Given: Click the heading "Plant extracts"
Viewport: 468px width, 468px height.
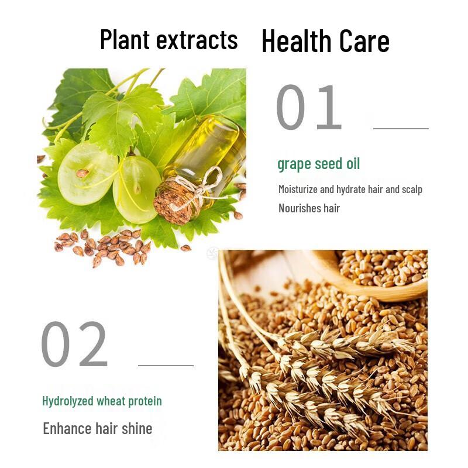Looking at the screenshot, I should pyautogui.click(x=168, y=40).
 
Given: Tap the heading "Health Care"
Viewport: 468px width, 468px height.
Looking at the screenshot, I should pyautogui.click(x=325, y=41).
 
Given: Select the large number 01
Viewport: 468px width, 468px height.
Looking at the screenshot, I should pyautogui.click(x=308, y=108).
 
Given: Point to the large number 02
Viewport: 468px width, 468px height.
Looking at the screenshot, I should pyautogui.click(x=74, y=344).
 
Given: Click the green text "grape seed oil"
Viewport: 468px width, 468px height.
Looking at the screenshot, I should pyautogui.click(x=318, y=164).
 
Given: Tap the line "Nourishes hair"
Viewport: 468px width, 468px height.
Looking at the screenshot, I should pyautogui.click(x=309, y=208).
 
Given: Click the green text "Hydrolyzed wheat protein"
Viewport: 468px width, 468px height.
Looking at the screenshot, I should pyautogui.click(x=102, y=401).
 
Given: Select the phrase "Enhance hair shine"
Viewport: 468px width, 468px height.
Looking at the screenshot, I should pyautogui.click(x=97, y=428).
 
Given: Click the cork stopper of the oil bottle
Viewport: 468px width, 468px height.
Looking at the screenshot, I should pyautogui.click(x=174, y=202).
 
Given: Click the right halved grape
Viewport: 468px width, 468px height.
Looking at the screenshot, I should pyautogui.click(x=136, y=188).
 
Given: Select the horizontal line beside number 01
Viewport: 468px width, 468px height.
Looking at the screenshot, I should pyautogui.click(x=401, y=128).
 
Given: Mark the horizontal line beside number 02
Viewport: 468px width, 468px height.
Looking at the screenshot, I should pyautogui.click(x=166, y=365).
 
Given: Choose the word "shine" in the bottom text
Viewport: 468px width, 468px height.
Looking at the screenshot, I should pyautogui.click(x=137, y=428).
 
